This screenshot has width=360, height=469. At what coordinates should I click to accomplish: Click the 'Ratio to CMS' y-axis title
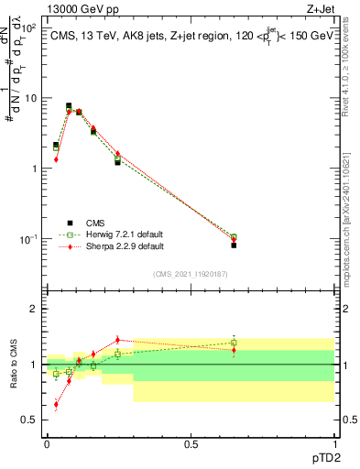click(12, 365)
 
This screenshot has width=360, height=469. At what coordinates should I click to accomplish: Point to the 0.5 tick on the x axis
click(191, 443)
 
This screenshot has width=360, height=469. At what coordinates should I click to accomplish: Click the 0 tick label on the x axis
click(47, 443)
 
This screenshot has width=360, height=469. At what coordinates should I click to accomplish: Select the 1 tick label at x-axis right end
click(335, 443)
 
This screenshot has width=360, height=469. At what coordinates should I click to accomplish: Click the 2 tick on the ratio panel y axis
click(35, 309)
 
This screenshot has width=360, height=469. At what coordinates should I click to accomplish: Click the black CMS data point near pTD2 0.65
click(234, 245)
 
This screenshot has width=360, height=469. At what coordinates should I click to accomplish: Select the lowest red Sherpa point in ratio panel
click(56, 404)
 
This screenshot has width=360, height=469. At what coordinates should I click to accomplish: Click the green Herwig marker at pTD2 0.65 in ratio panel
click(234, 343)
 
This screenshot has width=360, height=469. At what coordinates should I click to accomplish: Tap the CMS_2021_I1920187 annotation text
click(191, 273)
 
